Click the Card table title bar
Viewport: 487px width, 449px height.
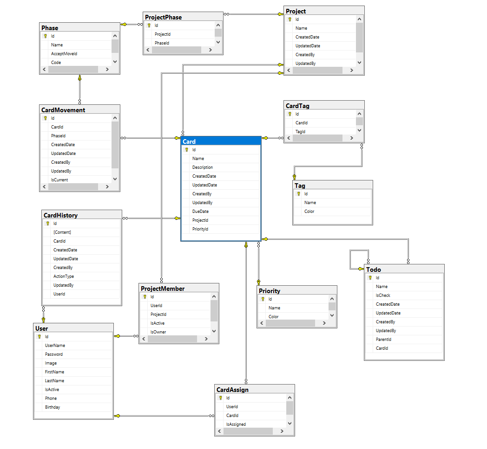point(221,141)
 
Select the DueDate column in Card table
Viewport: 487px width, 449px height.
point(200,212)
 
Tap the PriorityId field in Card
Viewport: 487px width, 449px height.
point(200,229)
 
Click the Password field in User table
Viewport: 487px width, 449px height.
point(54,354)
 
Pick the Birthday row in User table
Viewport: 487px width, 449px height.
point(53,407)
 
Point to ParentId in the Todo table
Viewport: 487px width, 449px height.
point(383,340)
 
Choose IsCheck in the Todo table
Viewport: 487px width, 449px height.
point(383,295)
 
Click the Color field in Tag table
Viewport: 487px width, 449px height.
point(309,212)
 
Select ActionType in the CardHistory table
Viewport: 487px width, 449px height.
point(64,276)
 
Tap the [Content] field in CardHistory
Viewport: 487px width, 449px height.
point(62,232)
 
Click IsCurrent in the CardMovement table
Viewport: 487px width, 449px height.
point(59,180)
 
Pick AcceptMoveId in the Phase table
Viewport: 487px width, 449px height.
point(64,54)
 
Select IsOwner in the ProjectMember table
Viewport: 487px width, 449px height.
point(158,332)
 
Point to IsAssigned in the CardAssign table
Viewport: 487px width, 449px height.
point(236,424)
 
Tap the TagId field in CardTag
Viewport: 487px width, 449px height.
point(301,132)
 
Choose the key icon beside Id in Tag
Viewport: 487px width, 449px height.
point(299,194)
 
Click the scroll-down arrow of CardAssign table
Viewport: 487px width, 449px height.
point(290,423)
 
